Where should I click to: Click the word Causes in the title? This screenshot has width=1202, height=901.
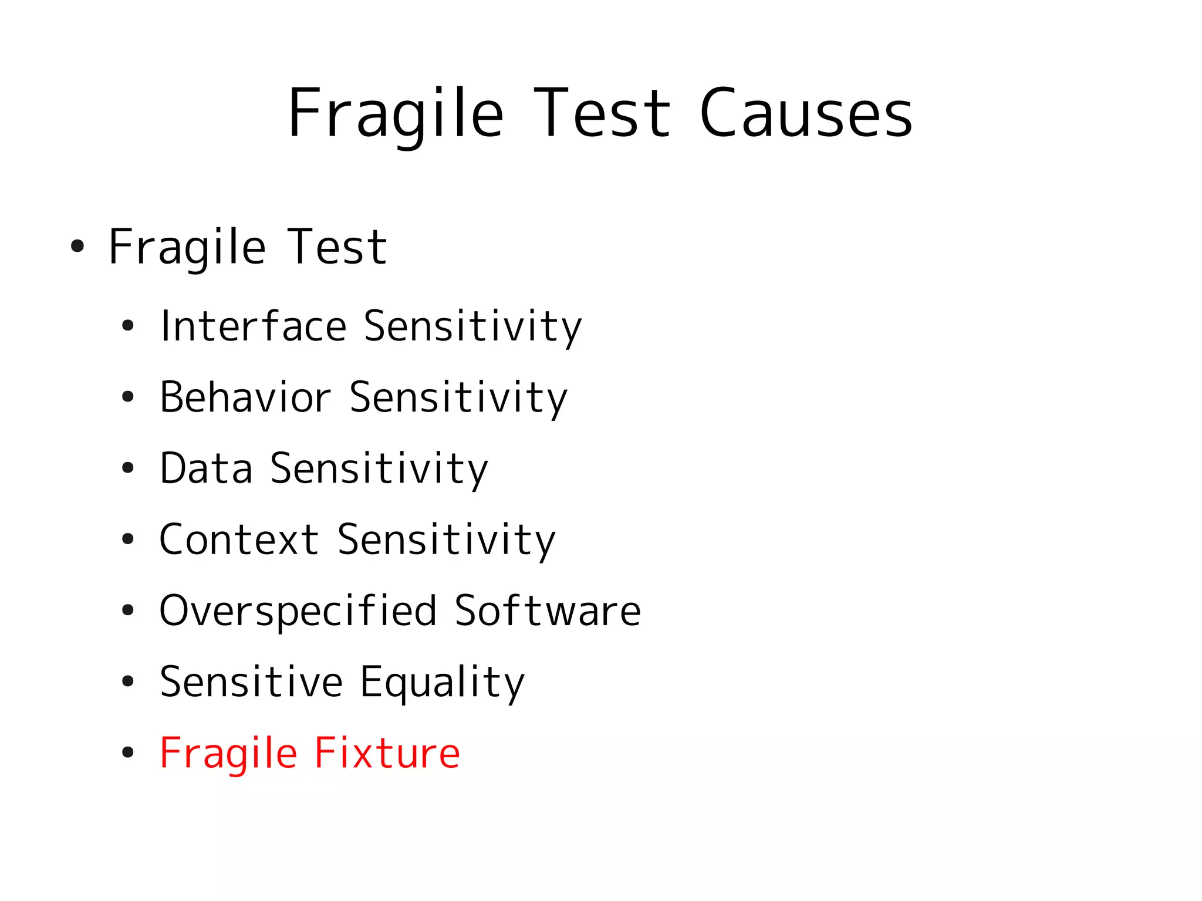(806, 113)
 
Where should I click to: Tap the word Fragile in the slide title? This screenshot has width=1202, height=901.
(396, 113)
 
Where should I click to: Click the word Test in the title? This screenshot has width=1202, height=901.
(602, 113)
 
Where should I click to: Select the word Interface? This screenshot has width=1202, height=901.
(254, 326)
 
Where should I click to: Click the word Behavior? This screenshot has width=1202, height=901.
(245, 397)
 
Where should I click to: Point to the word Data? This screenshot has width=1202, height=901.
(206, 468)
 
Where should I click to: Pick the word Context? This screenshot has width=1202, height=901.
(239, 539)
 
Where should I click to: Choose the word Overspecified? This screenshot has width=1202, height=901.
(298, 610)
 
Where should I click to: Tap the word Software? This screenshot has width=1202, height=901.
(548, 610)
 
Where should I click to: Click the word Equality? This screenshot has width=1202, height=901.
(442, 682)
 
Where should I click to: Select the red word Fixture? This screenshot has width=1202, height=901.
(387, 753)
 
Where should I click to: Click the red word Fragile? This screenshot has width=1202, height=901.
(228, 753)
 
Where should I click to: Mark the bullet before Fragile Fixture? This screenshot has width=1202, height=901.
(128, 753)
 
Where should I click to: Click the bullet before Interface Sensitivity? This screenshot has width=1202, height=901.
(128, 326)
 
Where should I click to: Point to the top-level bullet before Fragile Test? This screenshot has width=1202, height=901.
(77, 247)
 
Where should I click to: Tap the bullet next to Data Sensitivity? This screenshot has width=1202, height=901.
(128, 468)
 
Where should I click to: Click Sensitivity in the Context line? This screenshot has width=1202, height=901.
(446, 539)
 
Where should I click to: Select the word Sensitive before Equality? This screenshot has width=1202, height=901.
(251, 682)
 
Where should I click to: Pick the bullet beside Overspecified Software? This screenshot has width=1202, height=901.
(128, 610)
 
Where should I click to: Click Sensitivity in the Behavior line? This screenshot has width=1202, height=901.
(458, 397)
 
